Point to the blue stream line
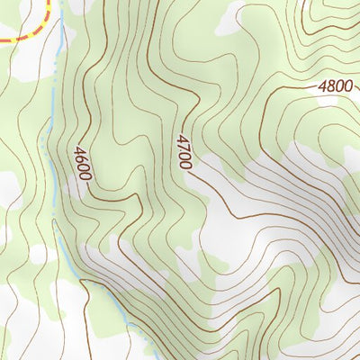tap(56, 135)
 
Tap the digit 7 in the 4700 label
tap(184, 147)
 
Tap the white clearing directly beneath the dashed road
tap(27, 58)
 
